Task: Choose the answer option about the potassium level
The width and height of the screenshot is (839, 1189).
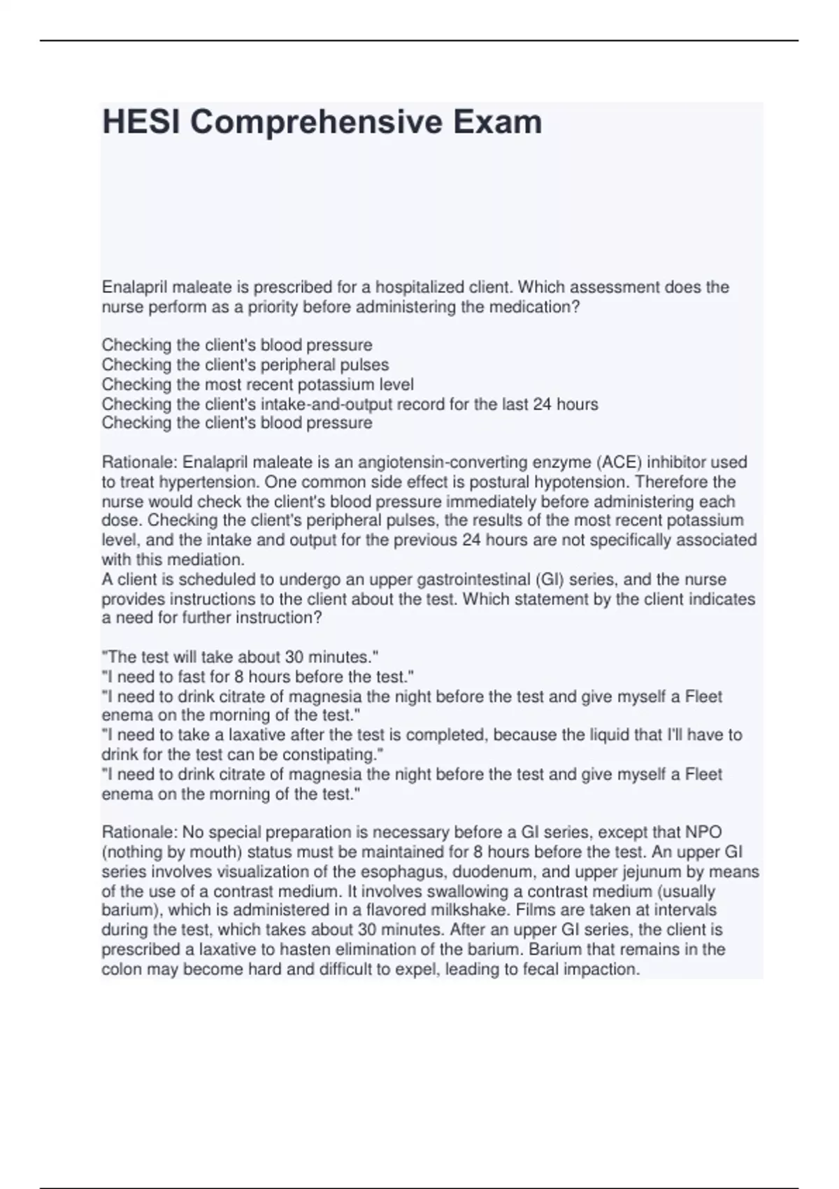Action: click(x=257, y=385)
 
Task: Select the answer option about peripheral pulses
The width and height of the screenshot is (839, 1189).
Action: click(x=245, y=365)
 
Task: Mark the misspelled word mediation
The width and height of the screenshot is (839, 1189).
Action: click(x=210, y=560)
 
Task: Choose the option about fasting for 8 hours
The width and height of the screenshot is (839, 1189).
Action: click(x=257, y=677)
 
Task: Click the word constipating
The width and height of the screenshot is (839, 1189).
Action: click(x=332, y=755)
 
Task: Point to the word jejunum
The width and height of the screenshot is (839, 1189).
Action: click(x=647, y=872)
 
